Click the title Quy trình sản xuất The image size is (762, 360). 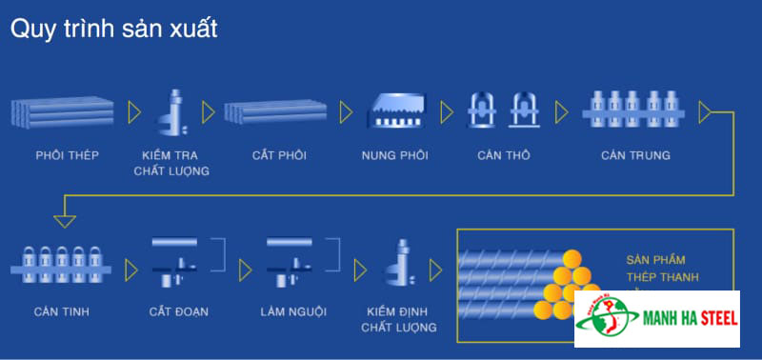tap(114, 30)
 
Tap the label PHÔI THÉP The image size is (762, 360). tap(67, 155)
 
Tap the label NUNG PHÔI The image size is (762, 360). tap(395, 155)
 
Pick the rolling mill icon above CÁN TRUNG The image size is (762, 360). tap(635, 110)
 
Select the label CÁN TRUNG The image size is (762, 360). tap(635, 155)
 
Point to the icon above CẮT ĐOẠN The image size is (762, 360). tap(176, 263)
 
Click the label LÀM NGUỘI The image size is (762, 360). tap(288, 311)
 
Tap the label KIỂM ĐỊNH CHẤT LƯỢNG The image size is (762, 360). tap(399, 319)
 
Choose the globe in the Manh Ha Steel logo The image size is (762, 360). tap(611, 319)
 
